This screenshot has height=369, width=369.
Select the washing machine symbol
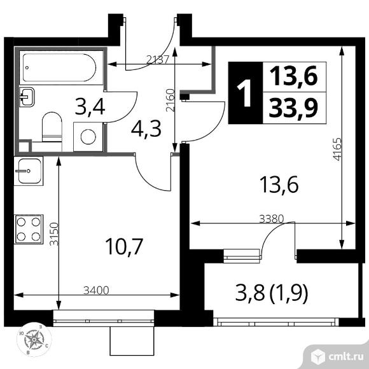click(88, 137)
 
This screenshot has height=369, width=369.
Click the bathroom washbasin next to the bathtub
click(27, 97)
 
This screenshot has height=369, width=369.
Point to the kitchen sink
click(29, 171)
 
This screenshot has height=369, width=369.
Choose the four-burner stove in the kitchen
click(29, 229)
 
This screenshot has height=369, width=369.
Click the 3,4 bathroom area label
click(90, 108)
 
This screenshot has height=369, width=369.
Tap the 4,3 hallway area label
click(146, 129)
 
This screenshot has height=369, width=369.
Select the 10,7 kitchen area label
click(124, 246)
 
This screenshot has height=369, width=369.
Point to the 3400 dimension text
click(96, 290)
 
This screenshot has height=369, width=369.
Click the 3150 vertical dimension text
click(54, 234)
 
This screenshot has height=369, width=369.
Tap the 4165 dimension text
click(337, 150)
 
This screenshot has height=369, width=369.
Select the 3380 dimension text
click(272, 219)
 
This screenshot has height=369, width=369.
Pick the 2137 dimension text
click(157, 60)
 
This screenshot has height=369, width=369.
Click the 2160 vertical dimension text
click(171, 101)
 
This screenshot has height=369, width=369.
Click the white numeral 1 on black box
click(246, 93)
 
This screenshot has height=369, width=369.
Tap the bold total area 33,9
click(293, 108)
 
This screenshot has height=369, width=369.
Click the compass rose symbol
click(34, 340)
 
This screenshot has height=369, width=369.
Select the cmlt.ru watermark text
click(345, 358)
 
